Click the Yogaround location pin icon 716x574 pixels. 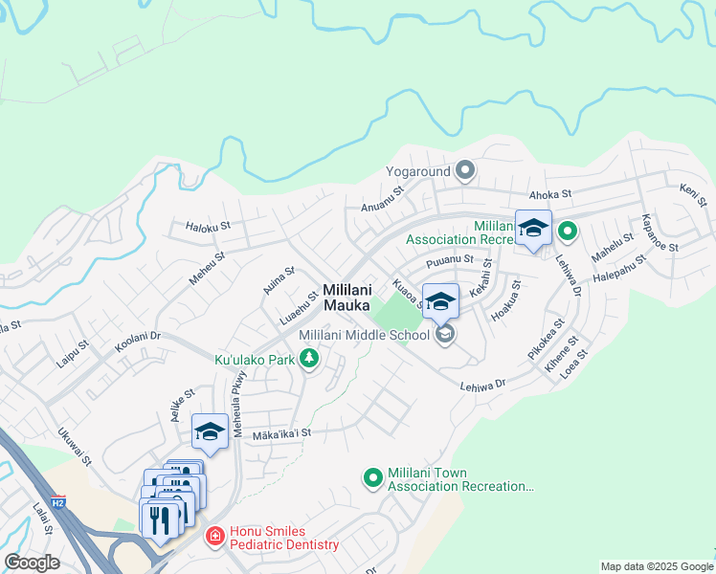(x=465, y=171)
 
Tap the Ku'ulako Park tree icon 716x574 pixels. (x=308, y=359)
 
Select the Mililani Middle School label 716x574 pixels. (x=365, y=335)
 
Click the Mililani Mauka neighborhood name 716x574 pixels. (x=347, y=298)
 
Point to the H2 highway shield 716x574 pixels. (x=58, y=502)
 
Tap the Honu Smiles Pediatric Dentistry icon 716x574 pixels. (x=215, y=537)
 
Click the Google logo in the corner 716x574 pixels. (x=32, y=563)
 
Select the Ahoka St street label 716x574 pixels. (x=550, y=193)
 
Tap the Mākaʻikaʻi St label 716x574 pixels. (x=281, y=433)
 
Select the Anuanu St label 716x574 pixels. (x=383, y=196)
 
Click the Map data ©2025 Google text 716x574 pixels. (x=657, y=566)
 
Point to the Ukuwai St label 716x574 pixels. (x=74, y=447)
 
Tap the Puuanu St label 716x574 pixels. (x=450, y=259)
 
